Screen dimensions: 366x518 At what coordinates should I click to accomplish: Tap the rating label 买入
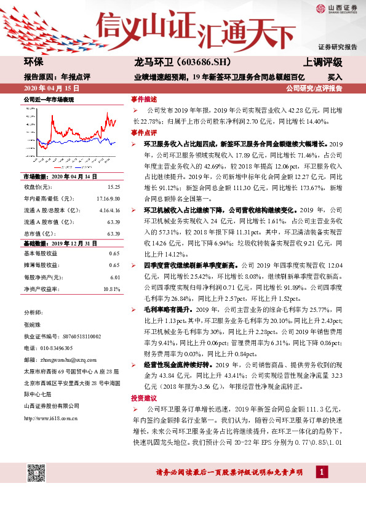pos(335,78)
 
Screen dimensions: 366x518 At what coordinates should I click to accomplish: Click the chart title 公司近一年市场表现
pos(49,99)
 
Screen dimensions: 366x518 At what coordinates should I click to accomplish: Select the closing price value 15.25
pos(113,186)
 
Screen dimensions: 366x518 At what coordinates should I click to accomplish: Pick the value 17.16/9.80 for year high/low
pos(108,197)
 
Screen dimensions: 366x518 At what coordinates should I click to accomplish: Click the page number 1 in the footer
pos(321,472)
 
